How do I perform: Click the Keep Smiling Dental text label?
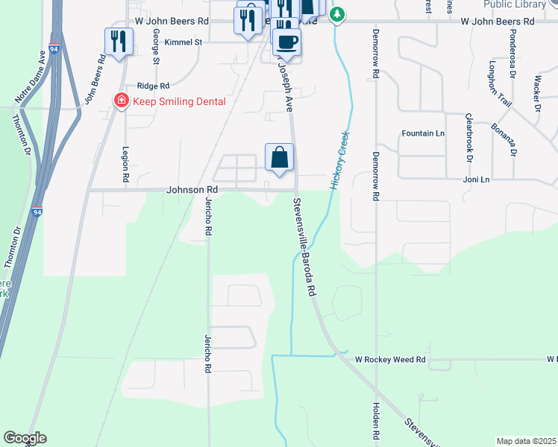(178, 101)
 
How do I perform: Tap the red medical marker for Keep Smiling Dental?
(119, 101)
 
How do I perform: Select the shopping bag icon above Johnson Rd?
(279, 158)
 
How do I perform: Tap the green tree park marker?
(337, 14)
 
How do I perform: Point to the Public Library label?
(514, 4)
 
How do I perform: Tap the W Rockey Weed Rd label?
(389, 360)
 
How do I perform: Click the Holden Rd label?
(375, 419)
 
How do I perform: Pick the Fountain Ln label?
(422, 133)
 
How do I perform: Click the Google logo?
(25, 438)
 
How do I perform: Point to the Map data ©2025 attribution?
(526, 441)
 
